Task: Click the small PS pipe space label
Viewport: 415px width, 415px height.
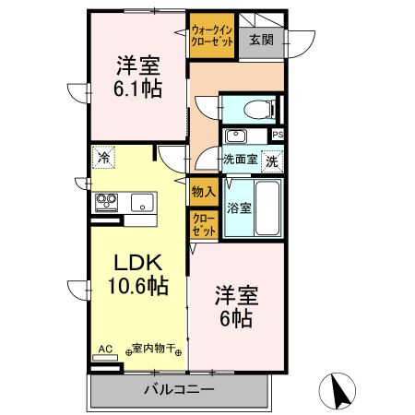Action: pos(279,135)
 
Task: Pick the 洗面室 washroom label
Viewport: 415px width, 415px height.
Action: pos(240,159)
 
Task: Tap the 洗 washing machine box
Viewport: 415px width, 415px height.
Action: pos(272,160)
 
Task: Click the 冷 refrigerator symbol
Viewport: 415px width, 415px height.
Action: pos(105,158)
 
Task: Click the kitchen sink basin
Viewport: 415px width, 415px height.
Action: pos(142,202)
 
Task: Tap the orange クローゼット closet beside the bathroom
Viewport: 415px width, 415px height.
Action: pos(203,225)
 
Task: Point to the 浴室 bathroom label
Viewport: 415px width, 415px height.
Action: pos(238,207)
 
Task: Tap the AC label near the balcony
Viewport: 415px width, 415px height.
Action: pos(104,349)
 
